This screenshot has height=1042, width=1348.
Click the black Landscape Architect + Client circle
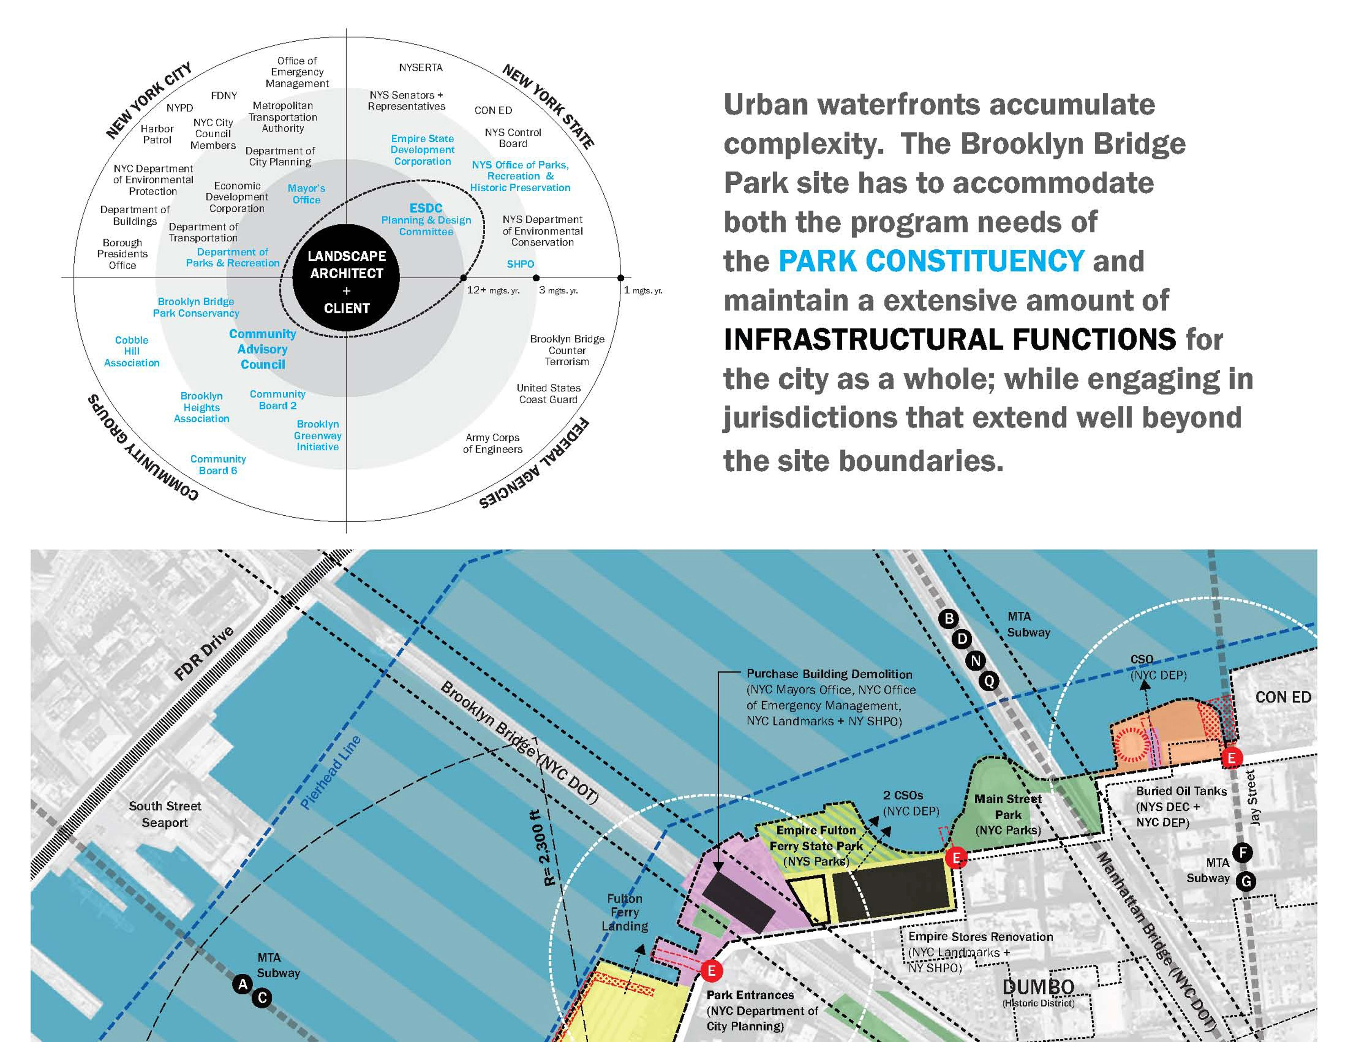click(x=346, y=278)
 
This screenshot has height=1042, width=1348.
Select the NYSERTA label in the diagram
click(x=420, y=67)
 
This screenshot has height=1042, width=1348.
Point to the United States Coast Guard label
click(x=549, y=393)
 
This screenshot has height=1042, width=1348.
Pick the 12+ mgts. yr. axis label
click(x=493, y=290)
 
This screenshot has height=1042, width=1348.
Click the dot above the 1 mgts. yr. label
click(x=620, y=278)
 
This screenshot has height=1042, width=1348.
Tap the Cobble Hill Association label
click(x=132, y=351)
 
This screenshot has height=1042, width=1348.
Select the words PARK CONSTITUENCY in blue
click(x=931, y=261)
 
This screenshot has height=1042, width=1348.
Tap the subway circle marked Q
click(x=989, y=682)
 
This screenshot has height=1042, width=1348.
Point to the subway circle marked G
click(x=1246, y=881)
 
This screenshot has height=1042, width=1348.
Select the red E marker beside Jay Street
click(x=1231, y=758)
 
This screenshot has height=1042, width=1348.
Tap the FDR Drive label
click(x=204, y=653)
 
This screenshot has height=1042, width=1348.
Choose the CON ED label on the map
click(x=1283, y=697)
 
